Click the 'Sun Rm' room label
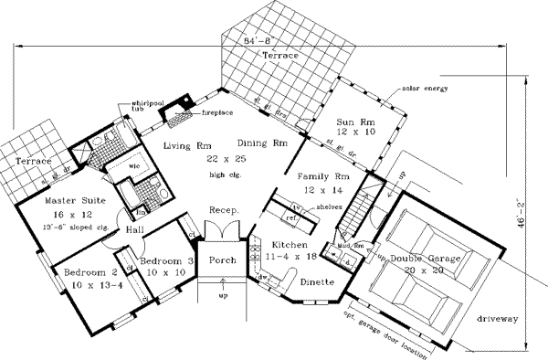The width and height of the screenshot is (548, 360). point(351,121)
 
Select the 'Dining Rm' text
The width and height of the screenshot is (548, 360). point(263,143)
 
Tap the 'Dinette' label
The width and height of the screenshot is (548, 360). point(317,284)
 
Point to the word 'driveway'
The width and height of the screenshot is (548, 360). point(497,319)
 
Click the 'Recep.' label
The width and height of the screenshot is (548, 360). point(225,210)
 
